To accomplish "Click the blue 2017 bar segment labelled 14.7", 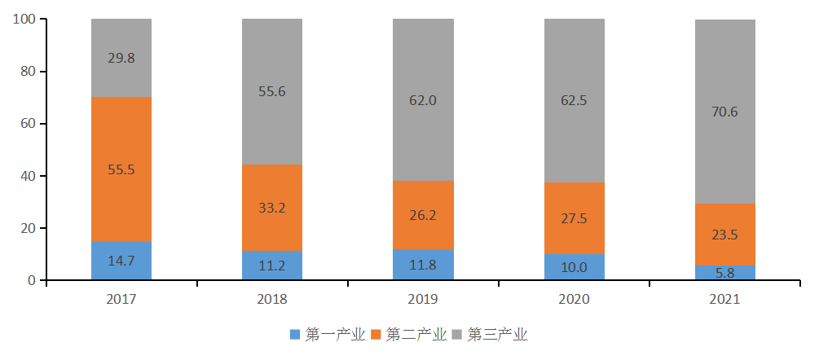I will click(x=121, y=261).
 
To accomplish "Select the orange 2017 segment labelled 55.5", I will click(x=121, y=169).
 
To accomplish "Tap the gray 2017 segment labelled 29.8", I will click(x=121, y=58).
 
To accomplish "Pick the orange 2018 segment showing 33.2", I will click(x=272, y=207).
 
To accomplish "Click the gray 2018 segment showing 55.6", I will click(x=272, y=92).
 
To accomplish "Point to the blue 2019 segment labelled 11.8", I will click(x=423, y=265).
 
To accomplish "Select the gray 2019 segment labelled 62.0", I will click(x=423, y=100).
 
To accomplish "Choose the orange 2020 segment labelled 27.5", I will click(x=575, y=218).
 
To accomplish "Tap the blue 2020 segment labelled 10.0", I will click(x=575, y=267).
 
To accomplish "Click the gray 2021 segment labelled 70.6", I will click(x=725, y=112).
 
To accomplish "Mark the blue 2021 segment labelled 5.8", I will click(x=725, y=273).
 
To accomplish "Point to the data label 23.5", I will click(x=725, y=235).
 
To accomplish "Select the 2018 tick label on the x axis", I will click(x=272, y=300).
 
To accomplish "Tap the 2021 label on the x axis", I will click(x=725, y=300).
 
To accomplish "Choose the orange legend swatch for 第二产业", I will click(x=377, y=335).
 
